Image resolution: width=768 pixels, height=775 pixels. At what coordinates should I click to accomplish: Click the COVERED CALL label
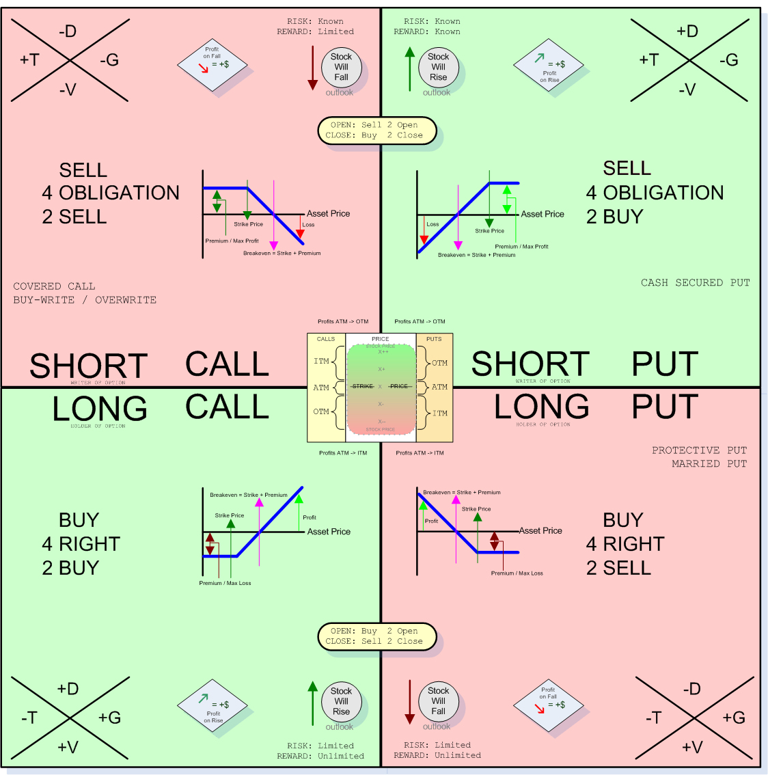54,286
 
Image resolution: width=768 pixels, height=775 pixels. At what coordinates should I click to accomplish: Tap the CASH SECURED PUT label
695,283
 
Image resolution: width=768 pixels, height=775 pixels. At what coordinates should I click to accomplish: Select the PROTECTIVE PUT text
699,450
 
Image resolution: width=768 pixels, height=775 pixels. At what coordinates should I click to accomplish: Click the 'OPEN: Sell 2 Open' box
376,131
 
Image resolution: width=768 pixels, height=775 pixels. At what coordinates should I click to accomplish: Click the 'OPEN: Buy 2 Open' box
376,636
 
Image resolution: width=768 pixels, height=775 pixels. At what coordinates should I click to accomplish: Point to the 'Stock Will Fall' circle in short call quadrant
341,67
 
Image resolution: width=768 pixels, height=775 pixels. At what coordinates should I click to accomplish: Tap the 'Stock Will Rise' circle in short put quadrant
438,67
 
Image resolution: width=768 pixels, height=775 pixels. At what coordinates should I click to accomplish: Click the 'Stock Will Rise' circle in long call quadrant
341,701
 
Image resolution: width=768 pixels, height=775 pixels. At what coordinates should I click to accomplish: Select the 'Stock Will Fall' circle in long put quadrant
438,701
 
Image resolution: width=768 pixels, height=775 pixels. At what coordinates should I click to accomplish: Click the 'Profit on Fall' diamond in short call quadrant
212,65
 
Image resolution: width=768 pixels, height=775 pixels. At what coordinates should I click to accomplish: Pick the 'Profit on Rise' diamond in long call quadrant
212,706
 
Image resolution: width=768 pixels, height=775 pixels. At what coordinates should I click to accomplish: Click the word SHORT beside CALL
89,366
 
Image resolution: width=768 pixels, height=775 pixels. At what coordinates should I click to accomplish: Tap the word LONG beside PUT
542,407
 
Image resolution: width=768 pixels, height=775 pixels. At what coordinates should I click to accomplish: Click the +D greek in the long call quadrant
68,689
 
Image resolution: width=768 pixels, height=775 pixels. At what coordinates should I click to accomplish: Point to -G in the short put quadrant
728,60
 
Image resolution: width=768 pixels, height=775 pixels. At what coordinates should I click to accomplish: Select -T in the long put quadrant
655,718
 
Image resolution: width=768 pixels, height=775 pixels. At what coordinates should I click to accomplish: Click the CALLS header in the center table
326,339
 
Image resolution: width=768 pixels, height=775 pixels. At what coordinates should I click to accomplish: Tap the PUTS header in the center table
434,339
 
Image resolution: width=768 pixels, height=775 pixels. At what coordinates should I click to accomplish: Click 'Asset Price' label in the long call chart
329,532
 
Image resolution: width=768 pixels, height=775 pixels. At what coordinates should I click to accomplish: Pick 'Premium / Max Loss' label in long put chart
517,573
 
